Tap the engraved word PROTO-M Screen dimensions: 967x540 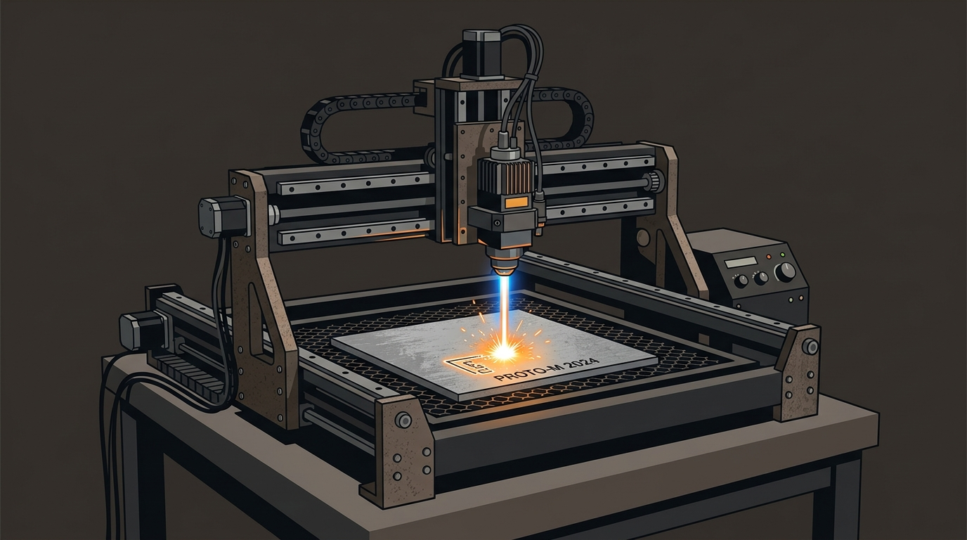point(517,375)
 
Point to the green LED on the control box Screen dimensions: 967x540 point(783,255)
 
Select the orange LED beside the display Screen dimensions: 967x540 point(768,257)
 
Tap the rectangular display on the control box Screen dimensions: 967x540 point(741,262)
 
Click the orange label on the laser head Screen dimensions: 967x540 point(516,202)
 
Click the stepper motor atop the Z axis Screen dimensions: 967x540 point(481,53)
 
